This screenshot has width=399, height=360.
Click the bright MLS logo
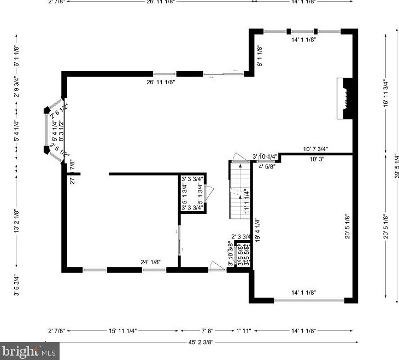click(30, 350)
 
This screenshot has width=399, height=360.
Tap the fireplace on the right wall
click(344, 99)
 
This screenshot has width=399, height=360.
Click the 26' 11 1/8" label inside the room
click(161, 82)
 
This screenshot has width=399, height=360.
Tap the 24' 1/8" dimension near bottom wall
click(150, 262)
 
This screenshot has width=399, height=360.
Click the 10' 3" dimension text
click(318, 159)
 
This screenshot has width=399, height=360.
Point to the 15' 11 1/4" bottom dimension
click(122, 330)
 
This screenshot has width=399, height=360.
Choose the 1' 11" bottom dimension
click(244, 330)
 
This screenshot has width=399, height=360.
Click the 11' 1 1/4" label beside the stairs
click(247, 200)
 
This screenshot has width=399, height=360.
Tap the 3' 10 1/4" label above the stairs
click(265, 156)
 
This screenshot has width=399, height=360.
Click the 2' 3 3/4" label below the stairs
click(240, 236)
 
